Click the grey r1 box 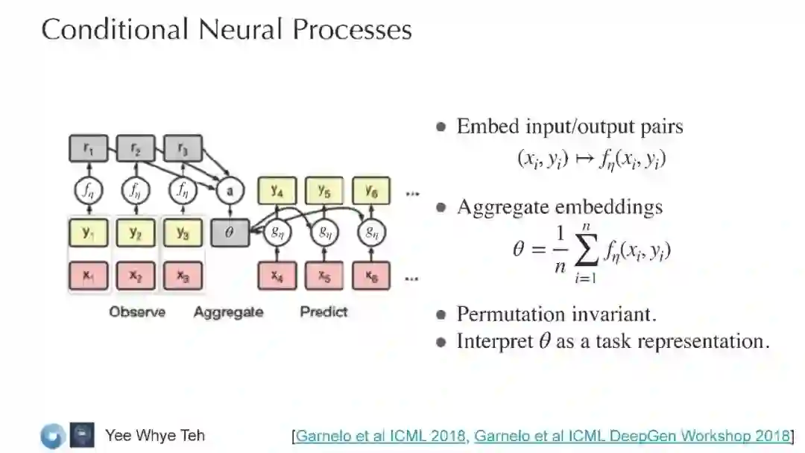click(x=89, y=149)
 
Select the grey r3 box click(x=183, y=149)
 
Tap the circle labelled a click(x=230, y=191)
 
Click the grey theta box click(x=230, y=232)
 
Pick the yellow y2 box click(x=136, y=233)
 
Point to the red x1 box click(x=89, y=276)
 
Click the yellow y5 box click(x=324, y=191)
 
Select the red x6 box click(x=371, y=276)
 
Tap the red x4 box click(x=277, y=276)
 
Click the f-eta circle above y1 click(x=89, y=191)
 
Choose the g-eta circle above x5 click(x=324, y=232)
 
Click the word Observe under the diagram click(x=137, y=311)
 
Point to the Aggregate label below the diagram click(x=228, y=312)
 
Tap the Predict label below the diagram click(x=323, y=311)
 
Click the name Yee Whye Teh click(x=155, y=435)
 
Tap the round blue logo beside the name click(x=53, y=436)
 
